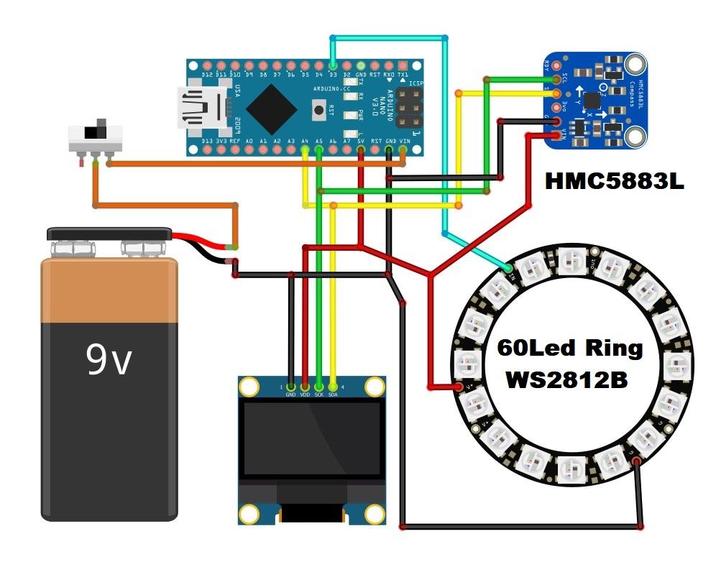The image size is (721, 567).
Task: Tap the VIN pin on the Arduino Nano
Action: pos(403,150)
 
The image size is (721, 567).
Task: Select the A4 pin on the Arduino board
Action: pos(305,150)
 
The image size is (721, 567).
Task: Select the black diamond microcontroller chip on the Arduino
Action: pos(271,108)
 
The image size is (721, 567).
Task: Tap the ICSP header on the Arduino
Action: pos(407,108)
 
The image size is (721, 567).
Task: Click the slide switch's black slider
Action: pos(92,133)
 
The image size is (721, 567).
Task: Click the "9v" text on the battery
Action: pos(109,360)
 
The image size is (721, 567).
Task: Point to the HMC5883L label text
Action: pos(614,181)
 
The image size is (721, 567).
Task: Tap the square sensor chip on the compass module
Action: pos(592,101)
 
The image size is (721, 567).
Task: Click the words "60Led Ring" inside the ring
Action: pos(570,348)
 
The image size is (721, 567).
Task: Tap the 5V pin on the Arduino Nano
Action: pos(360,150)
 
